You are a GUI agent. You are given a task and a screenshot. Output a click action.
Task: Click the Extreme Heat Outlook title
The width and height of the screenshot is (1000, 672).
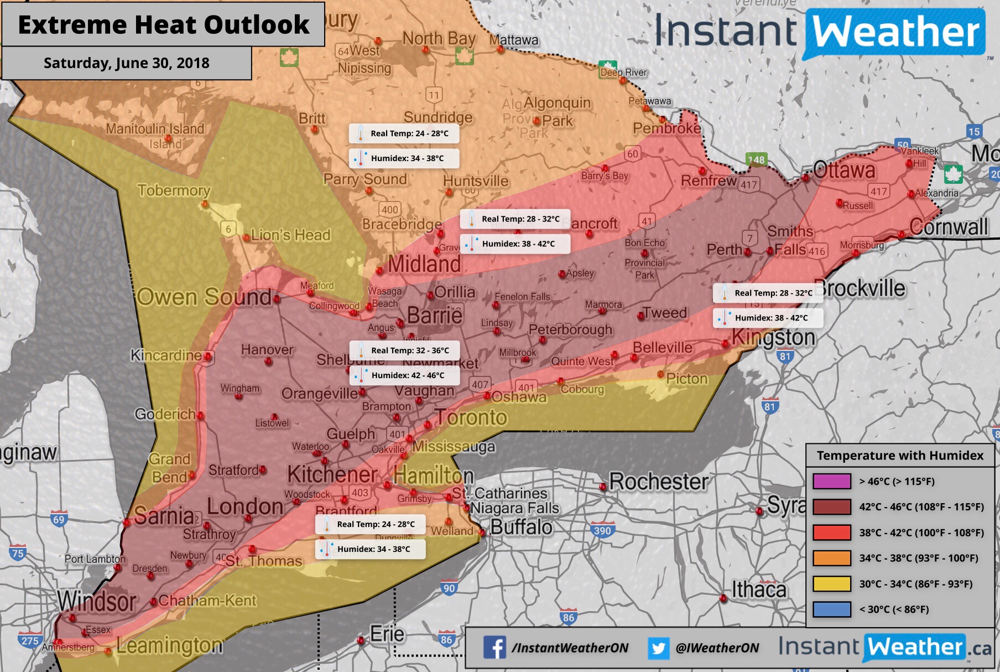(x=163, y=25)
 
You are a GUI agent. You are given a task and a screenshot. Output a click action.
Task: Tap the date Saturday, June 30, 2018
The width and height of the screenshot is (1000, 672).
(x=126, y=63)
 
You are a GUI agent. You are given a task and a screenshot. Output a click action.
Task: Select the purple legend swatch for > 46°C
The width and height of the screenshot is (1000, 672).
(x=831, y=481)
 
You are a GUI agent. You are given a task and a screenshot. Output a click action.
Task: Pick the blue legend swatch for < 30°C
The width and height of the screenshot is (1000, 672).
(x=831, y=609)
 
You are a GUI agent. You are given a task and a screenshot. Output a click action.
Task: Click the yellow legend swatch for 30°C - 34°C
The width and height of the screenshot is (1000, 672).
(x=831, y=583)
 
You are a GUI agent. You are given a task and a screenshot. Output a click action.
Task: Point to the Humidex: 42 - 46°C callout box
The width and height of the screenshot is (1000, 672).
(x=404, y=375)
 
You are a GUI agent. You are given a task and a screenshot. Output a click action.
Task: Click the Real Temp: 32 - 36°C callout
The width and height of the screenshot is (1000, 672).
(x=404, y=350)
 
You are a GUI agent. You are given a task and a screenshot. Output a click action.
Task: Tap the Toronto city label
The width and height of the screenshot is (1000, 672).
(x=471, y=417)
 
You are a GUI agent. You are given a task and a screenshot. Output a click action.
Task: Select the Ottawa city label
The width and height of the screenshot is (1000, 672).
(x=844, y=170)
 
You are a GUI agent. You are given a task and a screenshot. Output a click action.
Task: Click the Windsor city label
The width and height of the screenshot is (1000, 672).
(x=97, y=601)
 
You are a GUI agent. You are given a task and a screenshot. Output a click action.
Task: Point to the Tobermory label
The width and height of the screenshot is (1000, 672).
(x=174, y=190)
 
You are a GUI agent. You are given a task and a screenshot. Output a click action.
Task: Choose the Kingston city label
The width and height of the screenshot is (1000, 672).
(x=773, y=338)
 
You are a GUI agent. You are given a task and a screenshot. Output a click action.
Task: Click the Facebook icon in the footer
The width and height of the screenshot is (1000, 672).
(x=494, y=647)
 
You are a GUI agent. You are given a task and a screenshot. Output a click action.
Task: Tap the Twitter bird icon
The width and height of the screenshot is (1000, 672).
(x=658, y=648)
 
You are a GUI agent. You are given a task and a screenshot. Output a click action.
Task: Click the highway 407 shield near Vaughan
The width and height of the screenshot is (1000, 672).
(x=480, y=384)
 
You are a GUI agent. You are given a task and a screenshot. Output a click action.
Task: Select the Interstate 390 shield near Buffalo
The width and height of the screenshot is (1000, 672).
(x=602, y=530)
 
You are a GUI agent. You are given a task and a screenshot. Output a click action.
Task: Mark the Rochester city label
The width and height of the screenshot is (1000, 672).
(x=658, y=482)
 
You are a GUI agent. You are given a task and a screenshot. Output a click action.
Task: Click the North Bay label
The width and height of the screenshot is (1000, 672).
(x=439, y=39)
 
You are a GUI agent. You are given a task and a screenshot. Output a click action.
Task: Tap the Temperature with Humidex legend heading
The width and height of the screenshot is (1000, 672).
(x=900, y=456)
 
